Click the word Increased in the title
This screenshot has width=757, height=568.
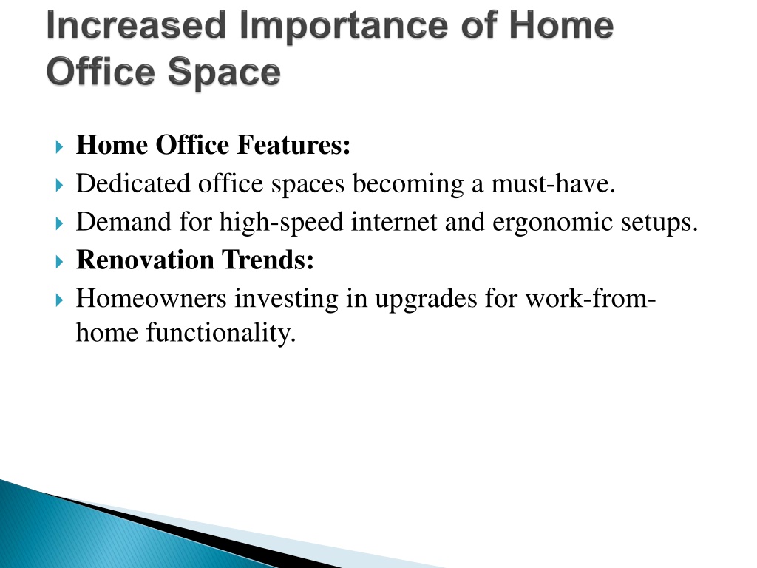coord(136,26)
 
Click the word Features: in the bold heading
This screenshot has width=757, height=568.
coord(293,145)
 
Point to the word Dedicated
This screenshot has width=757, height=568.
coord(133,183)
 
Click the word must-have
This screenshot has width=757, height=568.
coord(553,183)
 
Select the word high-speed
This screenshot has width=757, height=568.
coord(282,223)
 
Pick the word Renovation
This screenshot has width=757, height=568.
coord(146,260)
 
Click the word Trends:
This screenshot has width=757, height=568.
coord(268,260)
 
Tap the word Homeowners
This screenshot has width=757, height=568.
coord(151,298)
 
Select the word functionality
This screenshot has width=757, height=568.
coord(221,334)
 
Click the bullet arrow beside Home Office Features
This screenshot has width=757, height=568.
coord(59,146)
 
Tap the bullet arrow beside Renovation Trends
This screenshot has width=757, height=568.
coord(59,262)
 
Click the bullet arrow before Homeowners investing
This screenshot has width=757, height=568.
coord(59,300)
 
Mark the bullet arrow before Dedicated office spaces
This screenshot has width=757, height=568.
coord(59,185)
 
